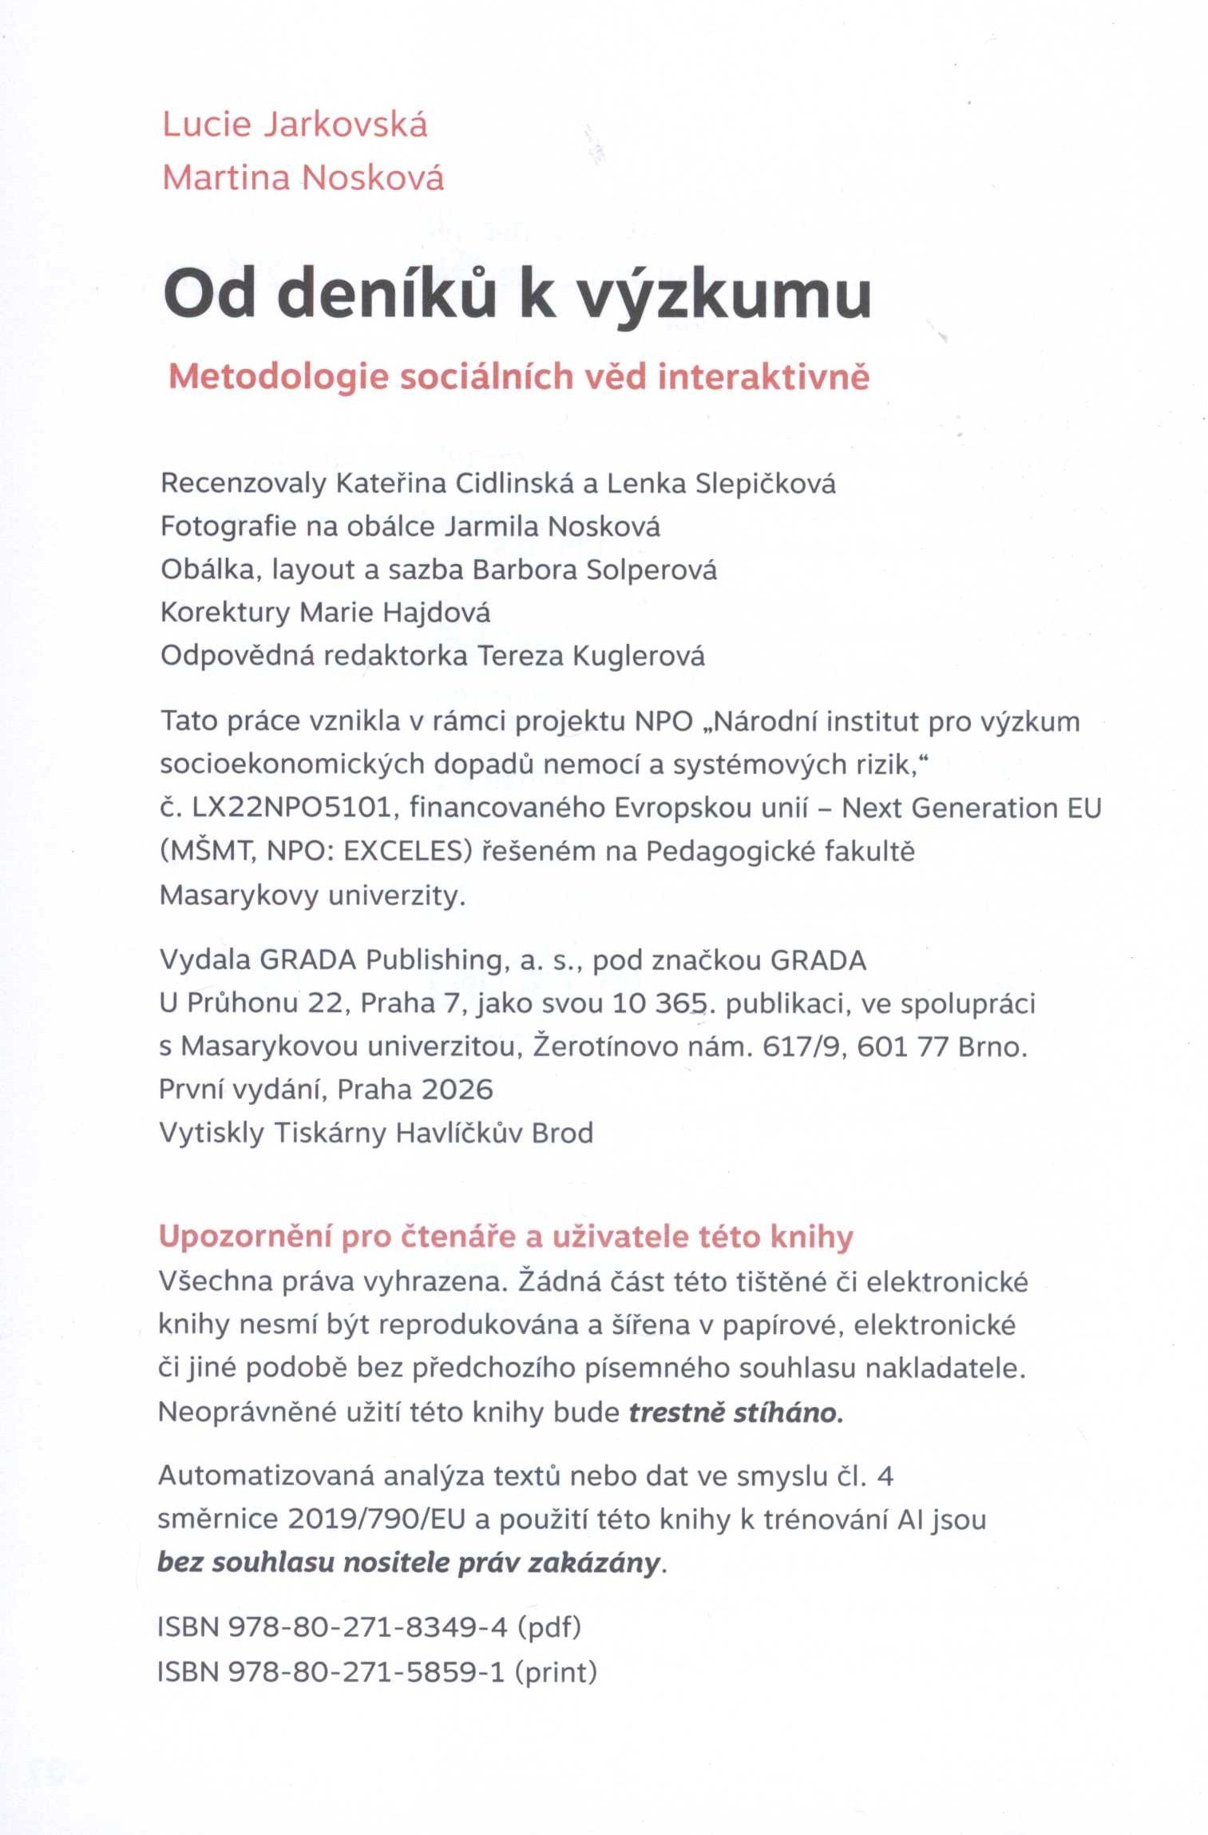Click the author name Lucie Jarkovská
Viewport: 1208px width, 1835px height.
click(x=295, y=125)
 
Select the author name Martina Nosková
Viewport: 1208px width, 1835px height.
click(x=303, y=178)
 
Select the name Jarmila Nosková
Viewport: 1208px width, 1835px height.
click(x=552, y=527)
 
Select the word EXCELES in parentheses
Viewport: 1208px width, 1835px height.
click(x=402, y=852)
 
